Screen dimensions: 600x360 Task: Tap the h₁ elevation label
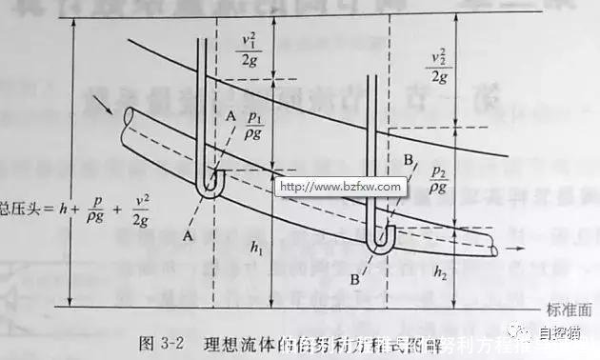tap(256, 248)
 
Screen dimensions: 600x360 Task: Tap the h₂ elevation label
tap(439, 272)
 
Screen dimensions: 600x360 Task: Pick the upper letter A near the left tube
tap(230, 116)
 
